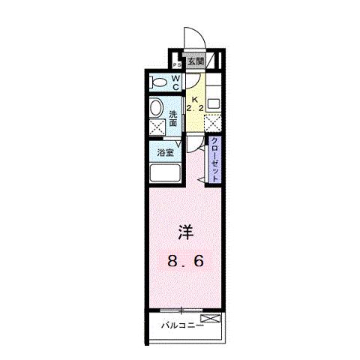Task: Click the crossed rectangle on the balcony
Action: [211, 319]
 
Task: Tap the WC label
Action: [175, 82]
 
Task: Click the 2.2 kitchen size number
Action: [194, 109]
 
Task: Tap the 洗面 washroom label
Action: [174, 118]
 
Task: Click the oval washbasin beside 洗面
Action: [157, 106]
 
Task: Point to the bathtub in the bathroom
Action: [165, 173]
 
